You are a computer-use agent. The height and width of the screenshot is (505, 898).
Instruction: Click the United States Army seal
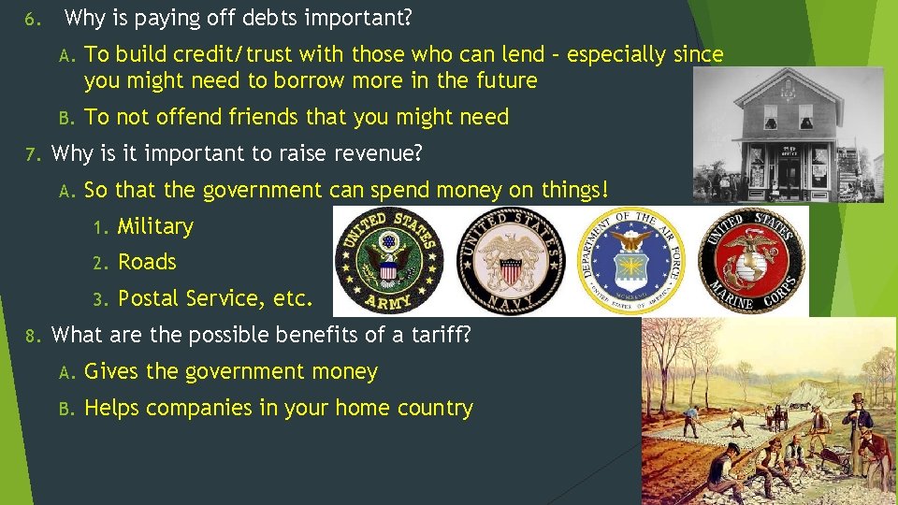(x=388, y=261)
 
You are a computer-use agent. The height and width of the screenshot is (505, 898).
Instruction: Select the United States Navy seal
(x=511, y=260)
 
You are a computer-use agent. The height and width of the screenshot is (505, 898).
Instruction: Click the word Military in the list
(x=155, y=226)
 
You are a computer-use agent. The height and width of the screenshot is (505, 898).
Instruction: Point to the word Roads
(x=147, y=263)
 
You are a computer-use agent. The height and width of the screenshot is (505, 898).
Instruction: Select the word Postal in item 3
(x=149, y=298)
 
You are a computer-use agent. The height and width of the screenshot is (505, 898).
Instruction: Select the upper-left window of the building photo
(x=769, y=116)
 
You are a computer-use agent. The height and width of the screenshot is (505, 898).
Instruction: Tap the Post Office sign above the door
(x=789, y=147)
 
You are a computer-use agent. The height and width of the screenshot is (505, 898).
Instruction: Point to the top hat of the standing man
(x=857, y=401)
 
